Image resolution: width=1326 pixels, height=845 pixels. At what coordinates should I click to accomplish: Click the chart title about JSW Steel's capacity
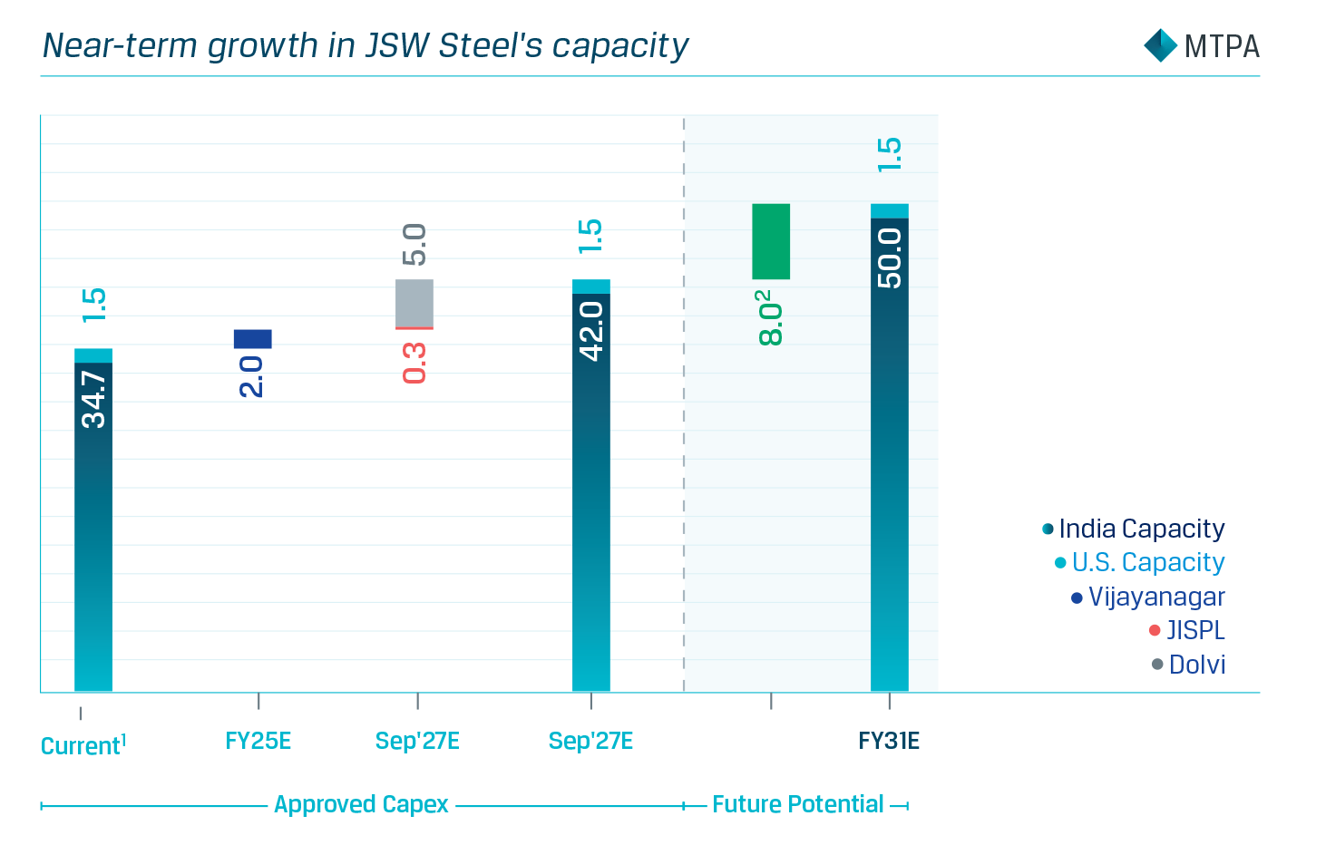point(366,45)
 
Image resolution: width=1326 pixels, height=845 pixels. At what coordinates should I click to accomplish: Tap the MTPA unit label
point(1221,46)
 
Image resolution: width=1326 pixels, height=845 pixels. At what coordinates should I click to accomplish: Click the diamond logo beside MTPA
point(1160,45)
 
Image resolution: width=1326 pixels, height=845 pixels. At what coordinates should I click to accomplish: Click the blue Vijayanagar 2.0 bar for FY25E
point(252,339)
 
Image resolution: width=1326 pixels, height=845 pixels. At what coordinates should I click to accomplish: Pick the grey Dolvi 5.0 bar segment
point(414,303)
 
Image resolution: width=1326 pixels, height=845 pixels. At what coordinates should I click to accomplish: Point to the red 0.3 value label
point(414,363)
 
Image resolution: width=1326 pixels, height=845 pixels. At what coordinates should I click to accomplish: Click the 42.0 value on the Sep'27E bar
point(591,331)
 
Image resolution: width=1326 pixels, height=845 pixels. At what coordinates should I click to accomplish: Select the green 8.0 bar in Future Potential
point(771,241)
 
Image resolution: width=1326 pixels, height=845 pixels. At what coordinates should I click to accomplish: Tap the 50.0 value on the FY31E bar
point(890,258)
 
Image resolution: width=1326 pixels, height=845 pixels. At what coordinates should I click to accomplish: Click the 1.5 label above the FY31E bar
point(890,155)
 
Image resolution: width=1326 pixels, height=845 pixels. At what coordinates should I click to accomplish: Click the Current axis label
point(83,745)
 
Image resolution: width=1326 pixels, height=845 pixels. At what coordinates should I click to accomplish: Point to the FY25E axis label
point(258,741)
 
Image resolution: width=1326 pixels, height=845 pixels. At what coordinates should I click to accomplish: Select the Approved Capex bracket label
point(361,804)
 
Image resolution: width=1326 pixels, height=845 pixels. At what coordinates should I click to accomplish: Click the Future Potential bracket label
point(797,804)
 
